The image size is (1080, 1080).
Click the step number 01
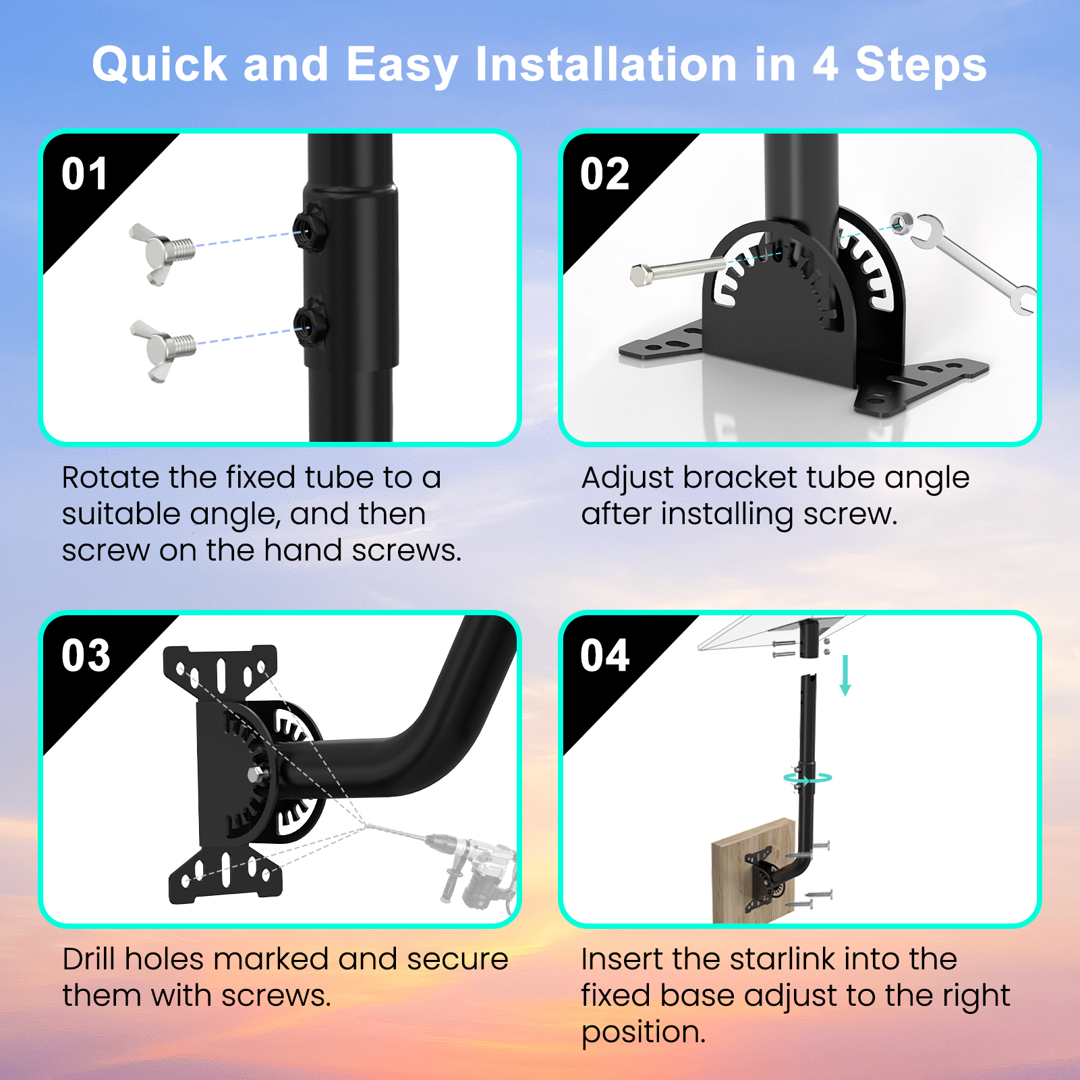[84, 174]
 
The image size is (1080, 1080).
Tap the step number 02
[604, 174]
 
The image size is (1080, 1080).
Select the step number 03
[86, 655]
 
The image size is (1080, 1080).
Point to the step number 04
[605, 655]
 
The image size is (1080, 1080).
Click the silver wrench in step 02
[971, 263]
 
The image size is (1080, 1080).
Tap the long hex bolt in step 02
[678, 271]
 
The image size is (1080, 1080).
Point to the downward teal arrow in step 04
[845, 675]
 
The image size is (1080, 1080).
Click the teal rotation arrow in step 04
[807, 778]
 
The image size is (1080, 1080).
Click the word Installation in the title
[606, 65]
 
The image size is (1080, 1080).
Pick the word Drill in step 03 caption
[89, 959]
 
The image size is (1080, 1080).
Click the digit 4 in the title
[826, 65]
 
